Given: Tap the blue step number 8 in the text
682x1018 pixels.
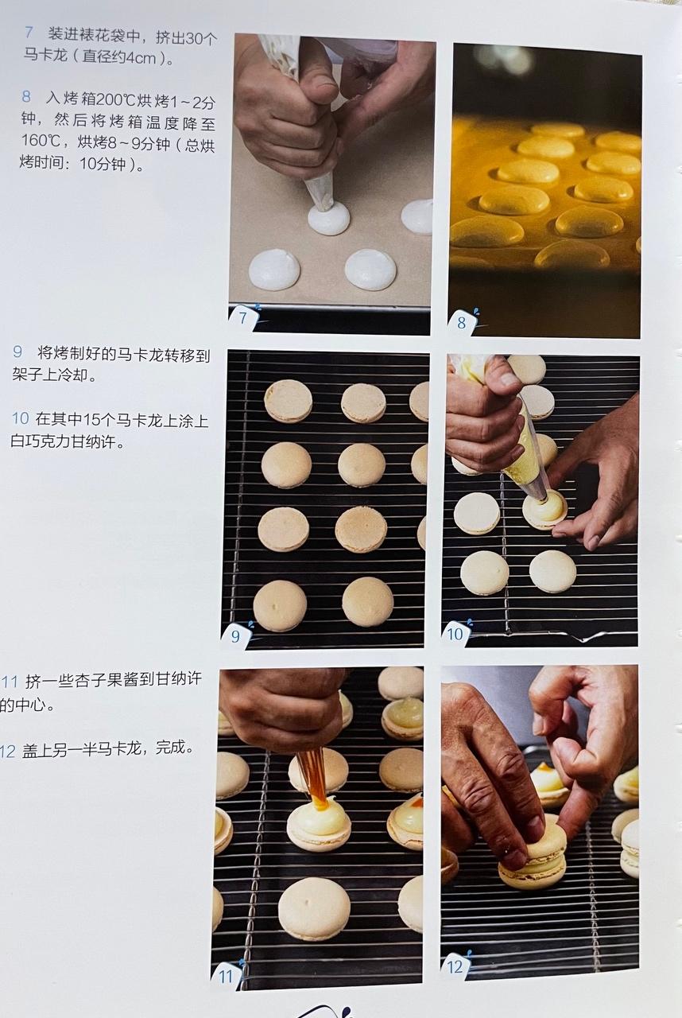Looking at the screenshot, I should click(26, 96).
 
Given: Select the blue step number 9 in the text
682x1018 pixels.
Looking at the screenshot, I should click(18, 352).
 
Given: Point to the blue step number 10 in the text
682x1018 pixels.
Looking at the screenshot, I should click(21, 419).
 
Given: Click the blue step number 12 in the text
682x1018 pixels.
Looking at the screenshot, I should click(9, 749).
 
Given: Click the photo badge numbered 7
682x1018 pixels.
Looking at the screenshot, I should click(243, 320).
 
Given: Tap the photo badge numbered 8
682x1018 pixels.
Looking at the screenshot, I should click(462, 323).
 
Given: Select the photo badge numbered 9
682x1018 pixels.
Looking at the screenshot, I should click(236, 635).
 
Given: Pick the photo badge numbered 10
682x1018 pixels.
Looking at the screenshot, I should click(455, 633).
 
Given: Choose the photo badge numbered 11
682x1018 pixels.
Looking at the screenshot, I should click(226, 974).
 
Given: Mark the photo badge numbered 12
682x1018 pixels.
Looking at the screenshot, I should click(455, 966).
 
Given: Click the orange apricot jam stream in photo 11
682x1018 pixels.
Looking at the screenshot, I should click(313, 776).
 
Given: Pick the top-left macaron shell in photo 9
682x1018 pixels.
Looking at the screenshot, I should click(288, 400).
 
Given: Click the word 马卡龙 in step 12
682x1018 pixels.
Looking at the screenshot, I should click(138, 749).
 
